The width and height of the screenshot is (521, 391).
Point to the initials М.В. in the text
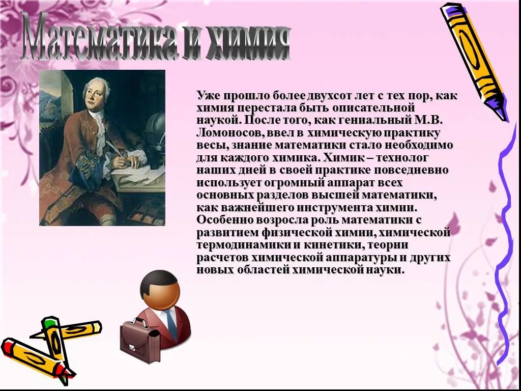click(426, 121)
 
